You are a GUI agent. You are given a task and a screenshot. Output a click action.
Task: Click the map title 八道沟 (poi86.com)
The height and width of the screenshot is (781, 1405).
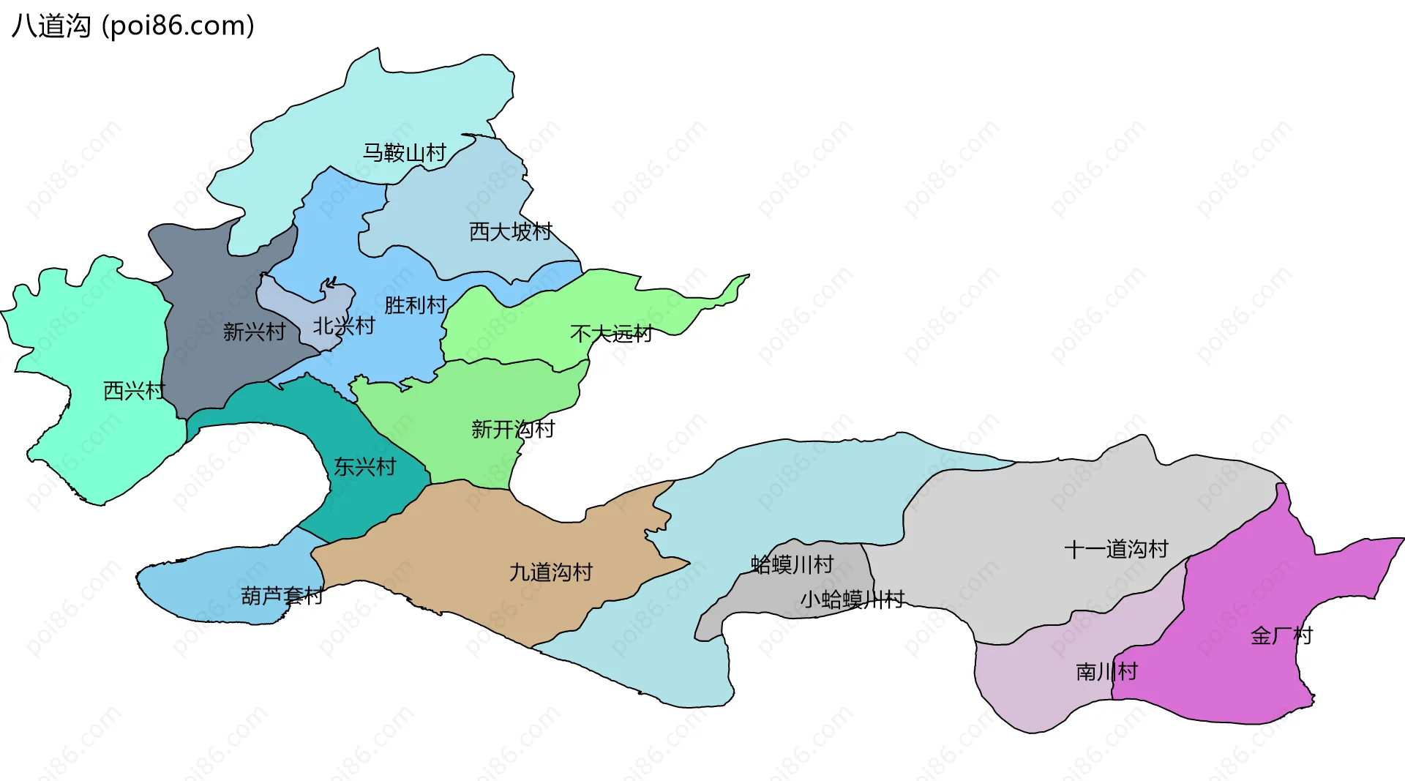coord(133,26)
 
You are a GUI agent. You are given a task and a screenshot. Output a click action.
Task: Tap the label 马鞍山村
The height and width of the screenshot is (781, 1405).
coord(405,152)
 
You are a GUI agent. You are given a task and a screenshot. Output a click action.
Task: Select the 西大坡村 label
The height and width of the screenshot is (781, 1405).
coord(511,231)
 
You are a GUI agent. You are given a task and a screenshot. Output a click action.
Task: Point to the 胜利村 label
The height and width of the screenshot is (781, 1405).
coord(416,304)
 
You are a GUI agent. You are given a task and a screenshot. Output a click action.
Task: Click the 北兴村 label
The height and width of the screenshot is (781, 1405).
coord(344,326)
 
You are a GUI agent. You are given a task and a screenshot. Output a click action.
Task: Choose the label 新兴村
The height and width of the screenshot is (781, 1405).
coord(254,332)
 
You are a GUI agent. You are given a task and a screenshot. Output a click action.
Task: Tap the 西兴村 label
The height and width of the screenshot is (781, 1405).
coord(135,390)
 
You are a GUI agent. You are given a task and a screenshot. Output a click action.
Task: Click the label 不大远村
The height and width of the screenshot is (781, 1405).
coord(611,334)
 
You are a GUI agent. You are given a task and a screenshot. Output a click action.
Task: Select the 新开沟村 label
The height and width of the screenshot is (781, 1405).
coord(513,429)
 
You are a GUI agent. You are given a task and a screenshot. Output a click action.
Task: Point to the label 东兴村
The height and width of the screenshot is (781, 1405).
coord(364,466)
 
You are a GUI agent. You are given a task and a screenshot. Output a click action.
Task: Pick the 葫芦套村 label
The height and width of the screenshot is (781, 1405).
coord(282,596)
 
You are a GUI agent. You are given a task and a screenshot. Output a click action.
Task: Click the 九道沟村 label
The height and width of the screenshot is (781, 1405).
coord(551,572)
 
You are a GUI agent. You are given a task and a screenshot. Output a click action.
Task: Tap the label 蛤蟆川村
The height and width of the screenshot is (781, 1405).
coord(793,564)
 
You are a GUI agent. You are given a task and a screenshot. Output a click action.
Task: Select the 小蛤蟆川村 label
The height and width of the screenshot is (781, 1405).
coord(853,599)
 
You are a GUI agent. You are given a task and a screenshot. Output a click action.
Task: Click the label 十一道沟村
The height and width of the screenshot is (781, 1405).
coord(1116,549)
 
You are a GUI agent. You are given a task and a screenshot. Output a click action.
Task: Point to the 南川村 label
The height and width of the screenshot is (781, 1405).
coord(1106,671)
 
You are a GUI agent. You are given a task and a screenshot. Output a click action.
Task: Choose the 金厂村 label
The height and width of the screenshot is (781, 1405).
coord(1282,635)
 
